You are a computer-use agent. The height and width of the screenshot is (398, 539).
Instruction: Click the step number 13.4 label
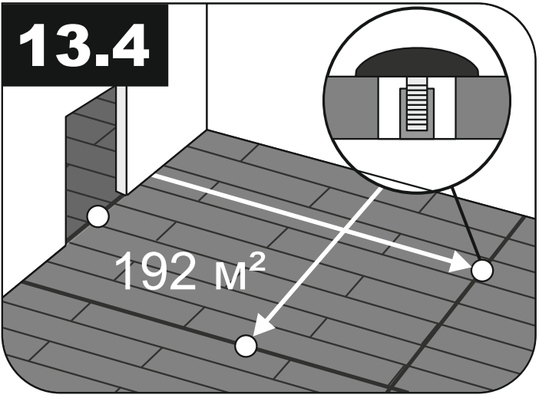(x=84, y=45)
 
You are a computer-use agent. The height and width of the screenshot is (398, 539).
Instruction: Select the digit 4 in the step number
(x=130, y=45)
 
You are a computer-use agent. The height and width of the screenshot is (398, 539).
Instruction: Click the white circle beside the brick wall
(x=98, y=217)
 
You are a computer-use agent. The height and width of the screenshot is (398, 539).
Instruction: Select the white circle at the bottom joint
(x=246, y=345)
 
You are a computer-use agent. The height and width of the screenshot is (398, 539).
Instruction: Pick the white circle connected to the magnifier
(x=482, y=270)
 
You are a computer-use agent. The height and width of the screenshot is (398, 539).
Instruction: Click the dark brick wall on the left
(x=90, y=161)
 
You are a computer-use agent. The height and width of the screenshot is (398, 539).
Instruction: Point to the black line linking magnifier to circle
(x=466, y=224)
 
